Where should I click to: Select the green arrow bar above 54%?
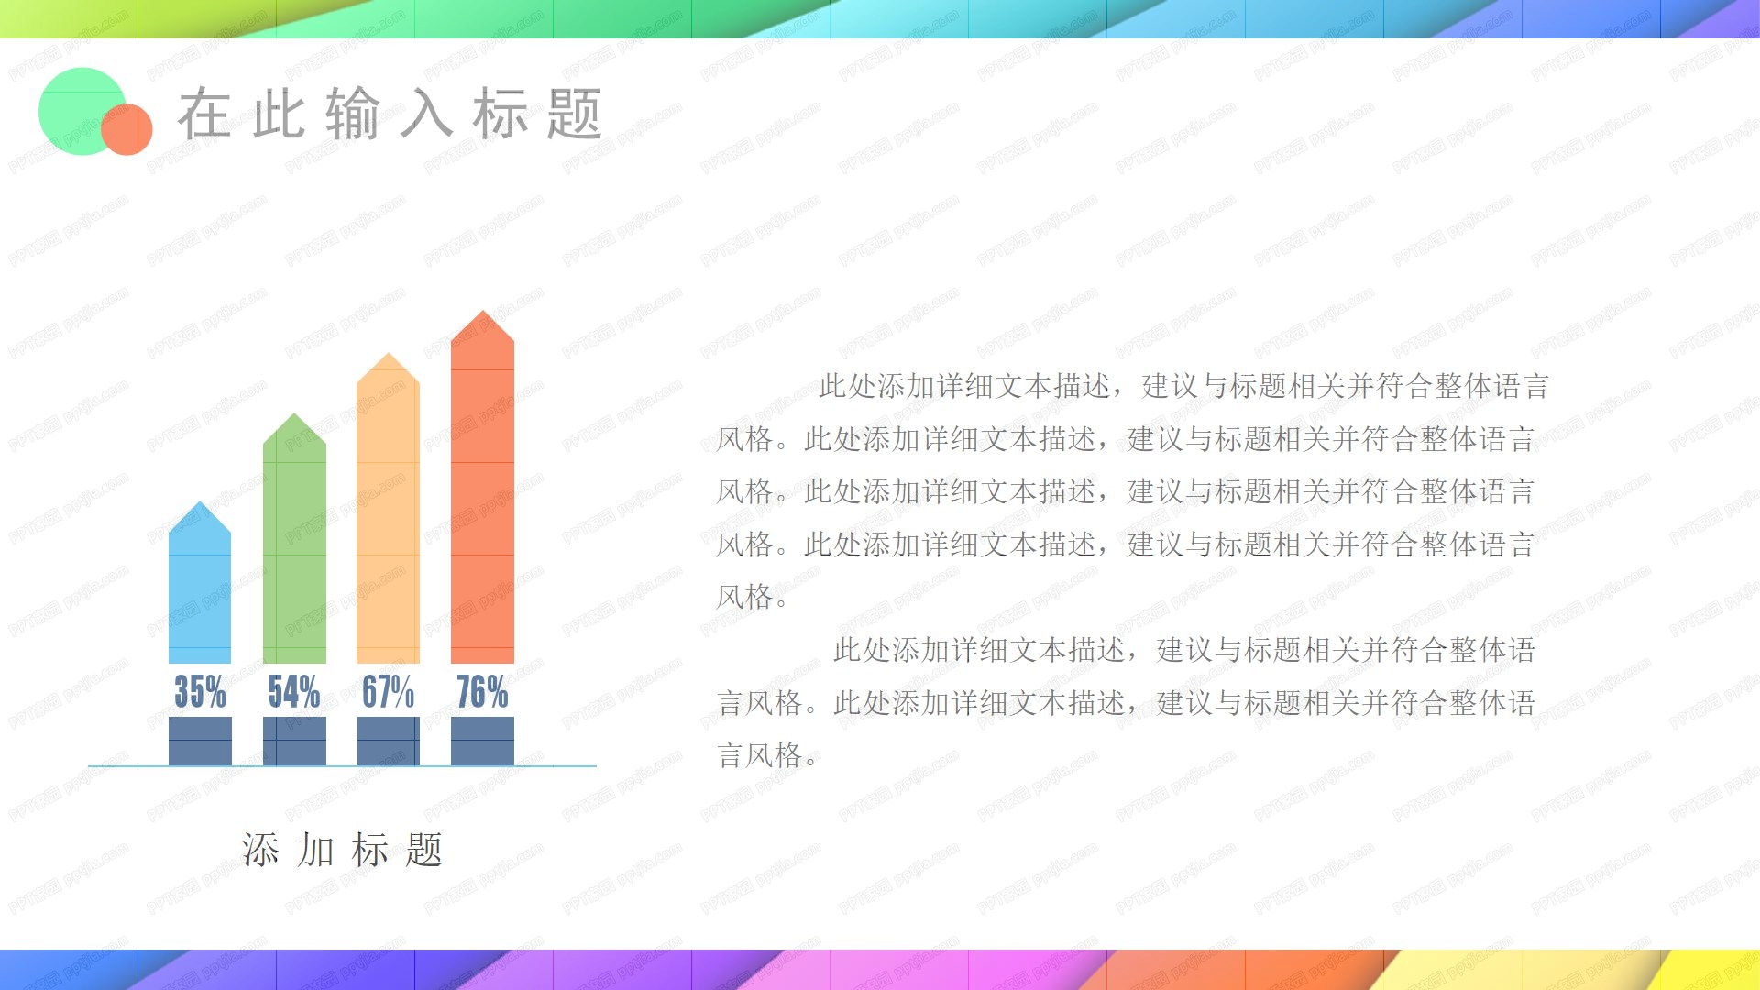294,550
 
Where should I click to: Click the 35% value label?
200,692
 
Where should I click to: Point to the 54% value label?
294,692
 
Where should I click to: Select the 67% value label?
388,692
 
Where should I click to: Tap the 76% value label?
482,692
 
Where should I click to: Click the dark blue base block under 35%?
200,741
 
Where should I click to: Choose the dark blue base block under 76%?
482,741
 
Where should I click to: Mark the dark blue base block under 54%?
294,741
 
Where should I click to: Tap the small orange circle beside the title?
128,129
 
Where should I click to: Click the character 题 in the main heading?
575,115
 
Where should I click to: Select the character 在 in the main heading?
203,115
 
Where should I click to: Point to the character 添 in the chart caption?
260,851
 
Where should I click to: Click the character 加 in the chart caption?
315,851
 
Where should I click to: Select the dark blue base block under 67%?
388,741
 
